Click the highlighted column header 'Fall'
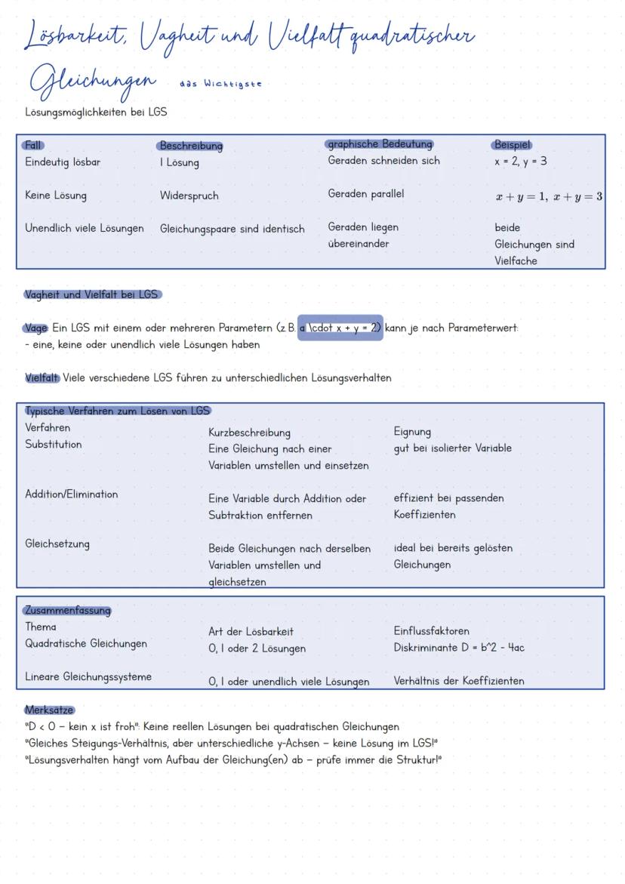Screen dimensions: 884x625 coord(33,145)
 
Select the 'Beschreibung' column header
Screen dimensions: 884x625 coord(190,146)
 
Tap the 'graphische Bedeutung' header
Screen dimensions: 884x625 coord(380,143)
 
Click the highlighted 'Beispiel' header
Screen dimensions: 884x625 coord(512,144)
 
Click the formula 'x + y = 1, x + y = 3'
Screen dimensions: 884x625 coord(549,196)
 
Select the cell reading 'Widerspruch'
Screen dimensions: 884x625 coord(189,196)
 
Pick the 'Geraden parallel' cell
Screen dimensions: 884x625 coord(365,194)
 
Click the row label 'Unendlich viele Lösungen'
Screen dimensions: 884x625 coord(84,228)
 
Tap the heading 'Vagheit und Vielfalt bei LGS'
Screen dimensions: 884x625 coord(92,294)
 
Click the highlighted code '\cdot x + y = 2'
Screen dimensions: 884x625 coord(340,328)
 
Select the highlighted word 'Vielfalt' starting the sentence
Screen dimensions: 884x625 coord(42,377)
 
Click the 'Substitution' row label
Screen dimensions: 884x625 coord(53,445)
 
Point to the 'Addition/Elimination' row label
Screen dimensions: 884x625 coord(71,494)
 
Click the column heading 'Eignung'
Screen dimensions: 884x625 coord(412,432)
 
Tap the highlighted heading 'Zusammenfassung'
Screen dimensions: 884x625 coord(67,610)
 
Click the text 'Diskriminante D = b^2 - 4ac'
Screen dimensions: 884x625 coord(458,648)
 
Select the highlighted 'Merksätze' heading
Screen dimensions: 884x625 coord(48,710)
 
